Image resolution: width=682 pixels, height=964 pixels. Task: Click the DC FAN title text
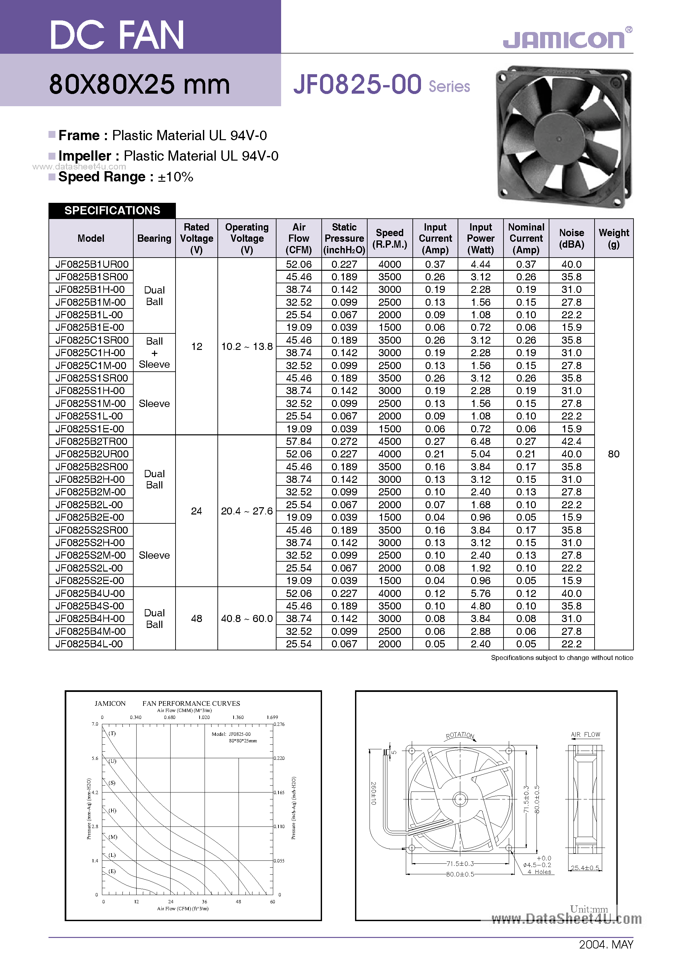click(x=117, y=35)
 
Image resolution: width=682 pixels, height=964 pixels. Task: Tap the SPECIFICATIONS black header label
click(x=112, y=210)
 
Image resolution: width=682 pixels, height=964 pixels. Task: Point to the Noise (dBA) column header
click(x=571, y=238)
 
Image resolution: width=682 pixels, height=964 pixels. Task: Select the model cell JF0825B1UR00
click(x=91, y=264)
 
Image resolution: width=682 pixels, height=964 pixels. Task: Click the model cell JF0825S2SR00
click(x=91, y=530)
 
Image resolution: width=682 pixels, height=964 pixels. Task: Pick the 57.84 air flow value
click(x=299, y=441)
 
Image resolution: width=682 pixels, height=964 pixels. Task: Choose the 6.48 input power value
click(x=480, y=441)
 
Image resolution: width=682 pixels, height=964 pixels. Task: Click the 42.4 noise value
click(x=571, y=441)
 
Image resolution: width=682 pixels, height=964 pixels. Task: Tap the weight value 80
click(x=614, y=454)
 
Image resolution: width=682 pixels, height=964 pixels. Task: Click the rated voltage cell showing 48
click(x=197, y=618)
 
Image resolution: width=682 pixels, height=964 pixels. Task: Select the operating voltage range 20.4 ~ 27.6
click(x=247, y=511)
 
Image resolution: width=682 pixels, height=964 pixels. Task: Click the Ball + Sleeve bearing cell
click(x=154, y=353)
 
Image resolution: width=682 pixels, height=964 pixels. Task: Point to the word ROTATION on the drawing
click(x=460, y=735)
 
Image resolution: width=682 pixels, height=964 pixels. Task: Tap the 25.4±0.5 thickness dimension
click(x=585, y=868)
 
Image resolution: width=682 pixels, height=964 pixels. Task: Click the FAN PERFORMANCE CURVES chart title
click(x=191, y=703)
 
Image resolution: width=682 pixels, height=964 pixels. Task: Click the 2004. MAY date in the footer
click(x=605, y=944)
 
